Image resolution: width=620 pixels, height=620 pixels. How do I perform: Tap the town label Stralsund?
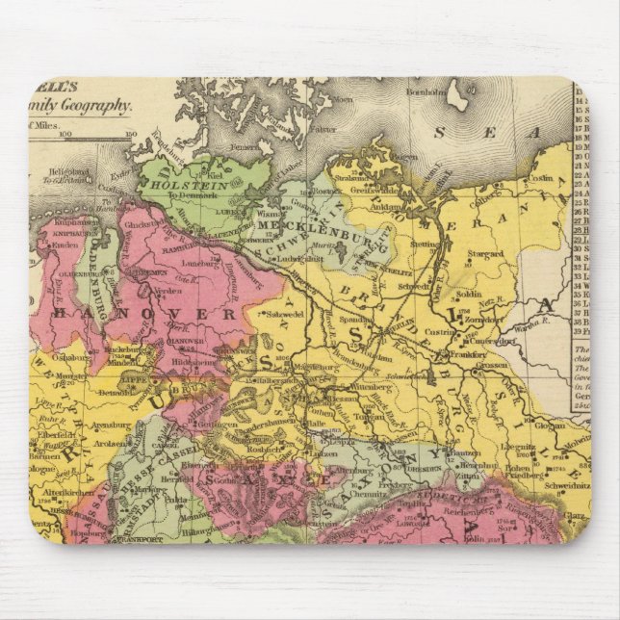pyautogui.click(x=355, y=178)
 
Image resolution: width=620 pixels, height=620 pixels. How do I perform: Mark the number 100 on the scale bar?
pyautogui.click(x=65, y=134)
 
